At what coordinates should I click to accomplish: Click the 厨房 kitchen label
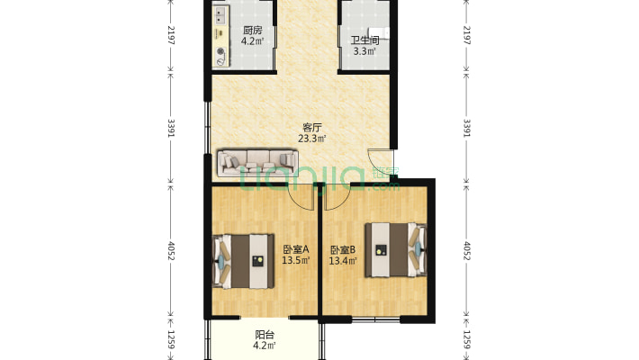click(x=252, y=31)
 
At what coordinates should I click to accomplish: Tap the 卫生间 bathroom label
click(x=364, y=40)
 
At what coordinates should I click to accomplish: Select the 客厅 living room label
click(x=311, y=128)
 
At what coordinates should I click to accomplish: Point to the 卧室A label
click(x=296, y=248)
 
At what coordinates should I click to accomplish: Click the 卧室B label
click(x=343, y=249)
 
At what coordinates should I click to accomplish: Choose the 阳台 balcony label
click(x=265, y=335)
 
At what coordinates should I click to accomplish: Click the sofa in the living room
click(x=257, y=163)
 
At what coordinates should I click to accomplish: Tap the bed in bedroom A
click(x=243, y=261)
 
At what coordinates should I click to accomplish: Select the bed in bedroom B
click(x=396, y=250)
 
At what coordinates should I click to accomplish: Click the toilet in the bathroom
click(x=378, y=32)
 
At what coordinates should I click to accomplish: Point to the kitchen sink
click(x=220, y=16)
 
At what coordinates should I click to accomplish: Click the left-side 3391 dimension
click(x=171, y=128)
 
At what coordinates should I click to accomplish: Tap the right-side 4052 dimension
click(x=466, y=251)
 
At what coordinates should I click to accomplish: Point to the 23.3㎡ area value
click(x=311, y=139)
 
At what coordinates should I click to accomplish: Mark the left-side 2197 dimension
click(x=171, y=35)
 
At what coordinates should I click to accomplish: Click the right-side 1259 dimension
click(x=466, y=339)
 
